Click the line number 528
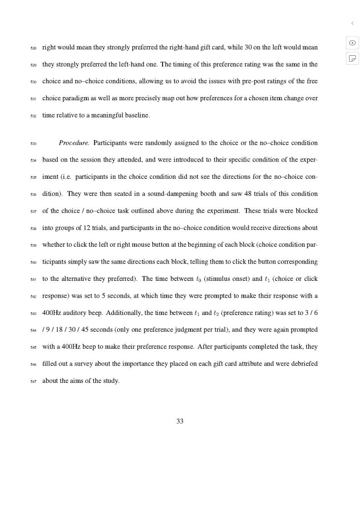pyautogui.click(x=33, y=48)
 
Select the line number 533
pyautogui.click(x=33, y=144)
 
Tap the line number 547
pyautogui.click(x=33, y=382)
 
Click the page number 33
pyautogui.click(x=180, y=421)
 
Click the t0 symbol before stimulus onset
pyautogui.click(x=199, y=279)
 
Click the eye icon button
pyautogui.click(x=352, y=43)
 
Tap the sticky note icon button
pyautogui.click(x=352, y=59)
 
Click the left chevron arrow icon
pyautogui.click(x=352, y=23)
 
